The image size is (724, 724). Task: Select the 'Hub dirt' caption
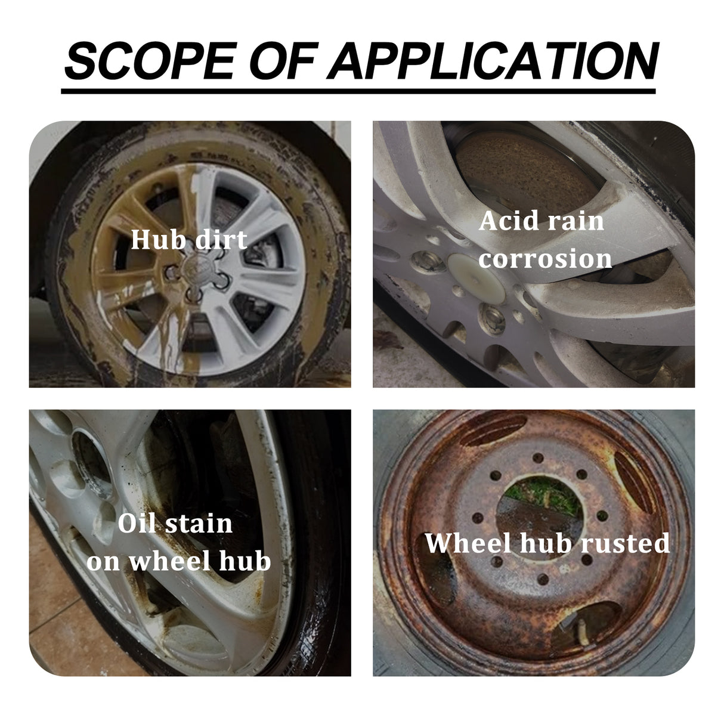point(188,240)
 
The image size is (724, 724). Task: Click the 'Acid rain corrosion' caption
point(545,240)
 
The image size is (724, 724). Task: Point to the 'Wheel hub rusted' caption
point(547,543)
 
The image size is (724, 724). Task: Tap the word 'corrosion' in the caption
point(545,259)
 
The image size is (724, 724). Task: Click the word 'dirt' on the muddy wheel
point(221,240)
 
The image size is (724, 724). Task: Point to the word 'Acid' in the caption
point(506,221)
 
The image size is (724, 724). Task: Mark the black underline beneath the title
point(358,91)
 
